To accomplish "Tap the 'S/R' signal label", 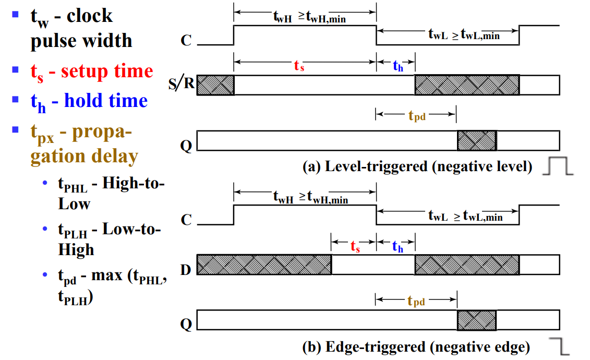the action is pos(182,83).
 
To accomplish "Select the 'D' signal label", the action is pos(186,269).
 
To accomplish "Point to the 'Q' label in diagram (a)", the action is pos(186,145).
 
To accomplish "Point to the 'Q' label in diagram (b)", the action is pos(186,323).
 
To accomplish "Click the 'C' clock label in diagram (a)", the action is pos(186,40).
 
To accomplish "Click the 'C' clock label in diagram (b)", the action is pos(186,220).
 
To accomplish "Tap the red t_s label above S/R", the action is pos(299,65).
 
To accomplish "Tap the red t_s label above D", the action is pos(355,246).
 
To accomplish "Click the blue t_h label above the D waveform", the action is pos(398,247).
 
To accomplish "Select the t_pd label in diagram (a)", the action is pos(417,115).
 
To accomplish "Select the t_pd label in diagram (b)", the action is pos(416,301).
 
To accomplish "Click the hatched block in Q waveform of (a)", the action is pos(477,141).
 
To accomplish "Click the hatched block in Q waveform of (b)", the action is pos(477,320).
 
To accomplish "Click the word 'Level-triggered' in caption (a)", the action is pos(376,166).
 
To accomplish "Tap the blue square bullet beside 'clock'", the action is pos(16,14).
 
